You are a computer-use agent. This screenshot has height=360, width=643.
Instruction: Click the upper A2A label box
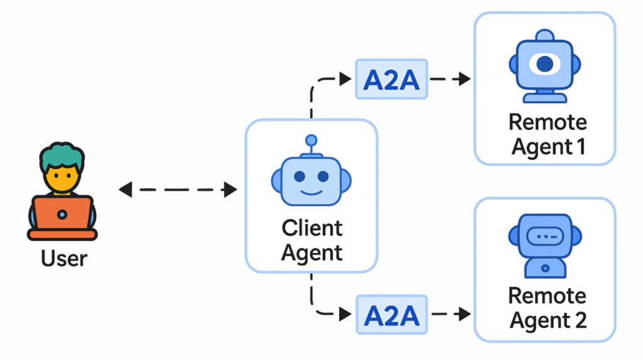tap(391, 79)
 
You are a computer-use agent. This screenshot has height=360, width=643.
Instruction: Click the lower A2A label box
tap(391, 314)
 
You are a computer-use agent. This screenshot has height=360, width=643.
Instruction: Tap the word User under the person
tap(64, 258)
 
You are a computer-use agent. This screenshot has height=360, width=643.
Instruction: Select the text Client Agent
tap(311, 240)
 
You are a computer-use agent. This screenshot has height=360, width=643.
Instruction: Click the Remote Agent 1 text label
tap(548, 134)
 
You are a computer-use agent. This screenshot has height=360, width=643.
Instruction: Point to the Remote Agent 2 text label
tap(548, 308)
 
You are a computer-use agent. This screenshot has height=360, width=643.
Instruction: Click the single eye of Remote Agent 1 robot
tap(544, 63)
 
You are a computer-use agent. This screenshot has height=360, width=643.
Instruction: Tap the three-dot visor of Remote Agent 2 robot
tap(544, 237)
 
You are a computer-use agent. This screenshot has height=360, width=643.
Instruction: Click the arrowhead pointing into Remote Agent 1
tap(465, 79)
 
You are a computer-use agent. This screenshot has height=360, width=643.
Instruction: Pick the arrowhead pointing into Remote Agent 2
tap(465, 314)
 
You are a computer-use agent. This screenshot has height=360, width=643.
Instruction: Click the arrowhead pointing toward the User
tap(125, 189)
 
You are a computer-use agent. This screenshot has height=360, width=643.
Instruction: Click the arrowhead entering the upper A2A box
tap(345, 79)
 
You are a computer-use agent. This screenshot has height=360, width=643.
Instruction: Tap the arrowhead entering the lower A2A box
tap(345, 314)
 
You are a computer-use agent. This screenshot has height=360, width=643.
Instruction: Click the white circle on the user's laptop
tap(62, 215)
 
